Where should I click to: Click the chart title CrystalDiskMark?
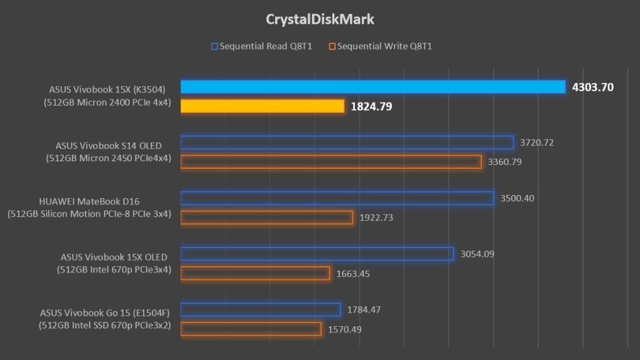(x=320, y=19)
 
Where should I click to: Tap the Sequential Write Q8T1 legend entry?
(x=381, y=46)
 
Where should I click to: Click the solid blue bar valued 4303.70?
(x=373, y=87)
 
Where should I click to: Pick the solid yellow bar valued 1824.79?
(x=262, y=106)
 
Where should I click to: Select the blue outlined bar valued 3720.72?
(x=347, y=142)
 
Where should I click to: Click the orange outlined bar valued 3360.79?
(x=331, y=162)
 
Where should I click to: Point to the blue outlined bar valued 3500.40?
(x=337, y=198)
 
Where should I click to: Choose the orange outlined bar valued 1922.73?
(x=267, y=217)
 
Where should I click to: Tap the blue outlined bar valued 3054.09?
(x=317, y=254)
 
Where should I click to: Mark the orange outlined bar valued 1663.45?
(x=255, y=273)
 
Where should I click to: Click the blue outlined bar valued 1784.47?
(x=261, y=309)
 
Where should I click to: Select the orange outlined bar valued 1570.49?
(x=251, y=329)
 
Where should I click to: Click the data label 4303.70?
(x=593, y=87)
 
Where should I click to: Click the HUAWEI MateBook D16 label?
(x=89, y=202)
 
